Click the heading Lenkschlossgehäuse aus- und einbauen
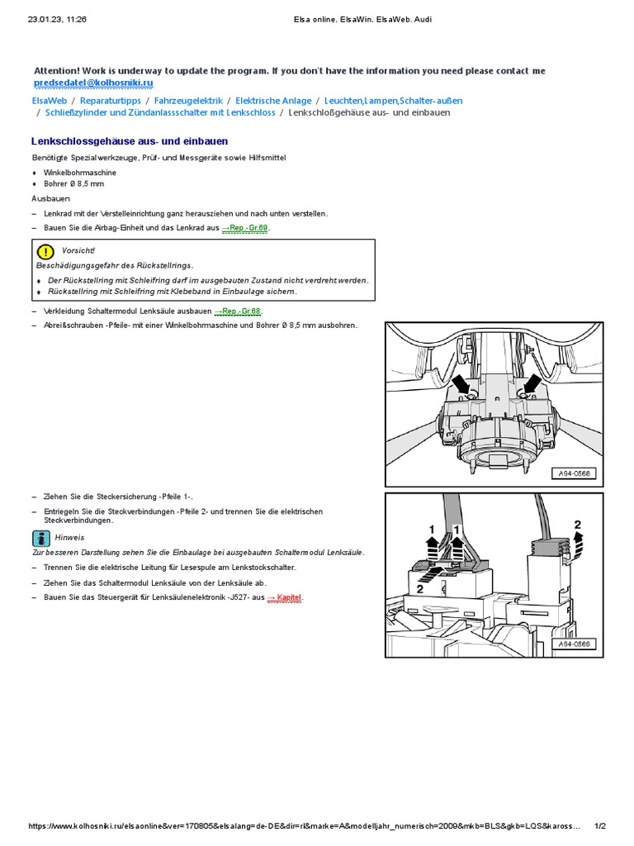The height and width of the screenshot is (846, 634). pyautogui.click(x=130, y=141)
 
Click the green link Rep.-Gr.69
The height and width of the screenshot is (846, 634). pyautogui.click(x=246, y=227)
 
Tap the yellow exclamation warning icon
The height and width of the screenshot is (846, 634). pyautogui.click(x=45, y=251)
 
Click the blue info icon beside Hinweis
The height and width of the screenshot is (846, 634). pyautogui.click(x=41, y=537)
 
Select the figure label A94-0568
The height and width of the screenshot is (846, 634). pyautogui.click(x=574, y=473)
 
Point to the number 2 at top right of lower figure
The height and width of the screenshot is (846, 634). pyautogui.click(x=577, y=524)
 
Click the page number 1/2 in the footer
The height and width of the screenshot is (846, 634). pyautogui.click(x=600, y=826)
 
